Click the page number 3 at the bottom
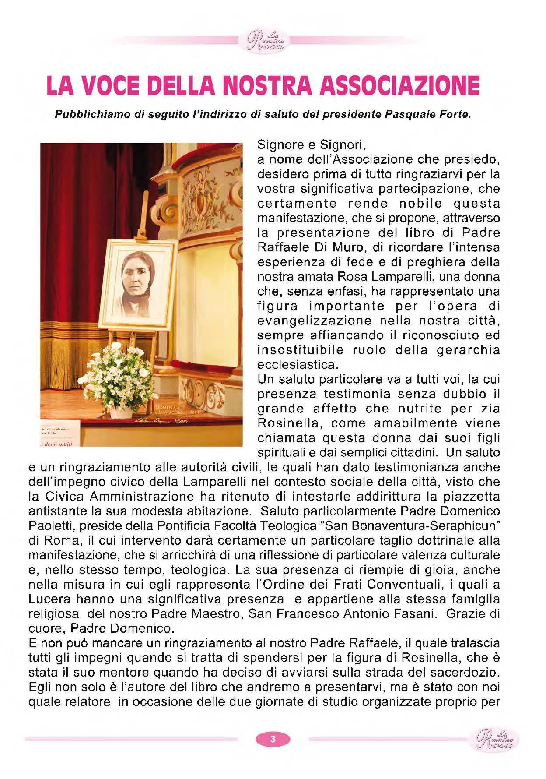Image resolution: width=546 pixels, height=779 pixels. (x=273, y=739)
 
